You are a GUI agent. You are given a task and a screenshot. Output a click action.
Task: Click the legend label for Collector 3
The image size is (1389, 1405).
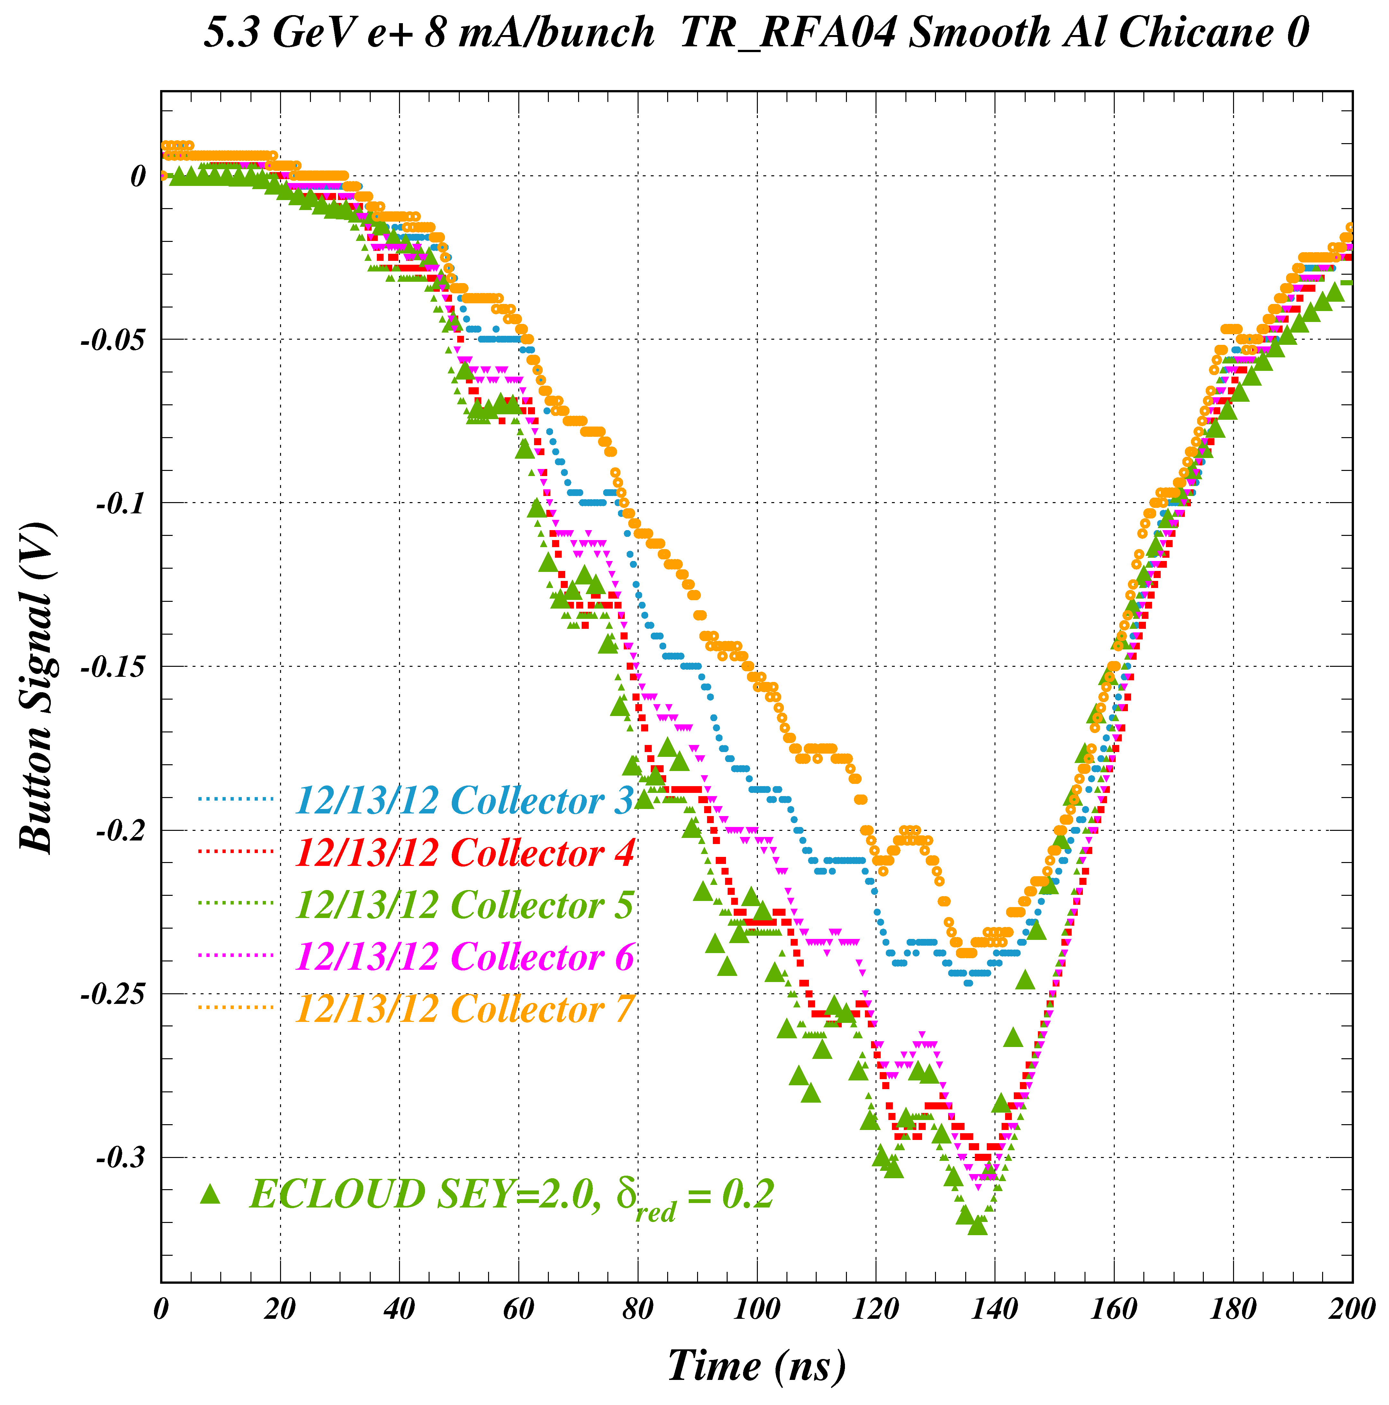click(x=465, y=801)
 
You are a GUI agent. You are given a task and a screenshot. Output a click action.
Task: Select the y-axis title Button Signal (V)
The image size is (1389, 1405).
click(x=36, y=687)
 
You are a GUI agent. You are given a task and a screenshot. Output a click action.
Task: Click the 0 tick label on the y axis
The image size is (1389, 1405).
click(x=138, y=176)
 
